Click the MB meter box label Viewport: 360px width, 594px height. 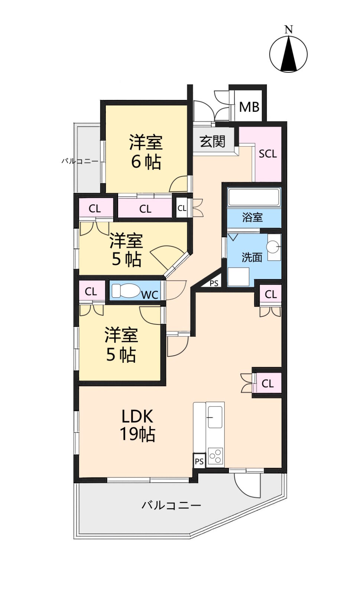point(249,107)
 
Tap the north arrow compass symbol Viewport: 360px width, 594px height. point(288,54)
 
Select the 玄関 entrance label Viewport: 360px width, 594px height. point(213,141)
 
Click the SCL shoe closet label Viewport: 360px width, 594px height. point(268,154)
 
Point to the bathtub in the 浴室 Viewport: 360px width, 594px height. point(254,197)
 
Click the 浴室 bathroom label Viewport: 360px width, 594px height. point(252,217)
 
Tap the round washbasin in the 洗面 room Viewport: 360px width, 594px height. point(273,247)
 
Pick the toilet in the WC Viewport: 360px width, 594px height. point(125,291)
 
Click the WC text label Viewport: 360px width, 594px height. point(150,295)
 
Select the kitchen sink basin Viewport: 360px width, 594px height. point(215,417)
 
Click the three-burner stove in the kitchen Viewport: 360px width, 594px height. point(215,456)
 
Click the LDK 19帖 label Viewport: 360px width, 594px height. point(137,425)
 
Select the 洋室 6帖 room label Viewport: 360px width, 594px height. point(146,152)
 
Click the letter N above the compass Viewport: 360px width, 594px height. point(288,29)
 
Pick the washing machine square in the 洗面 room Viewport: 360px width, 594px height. point(239,277)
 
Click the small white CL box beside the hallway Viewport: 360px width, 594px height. point(182,208)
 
